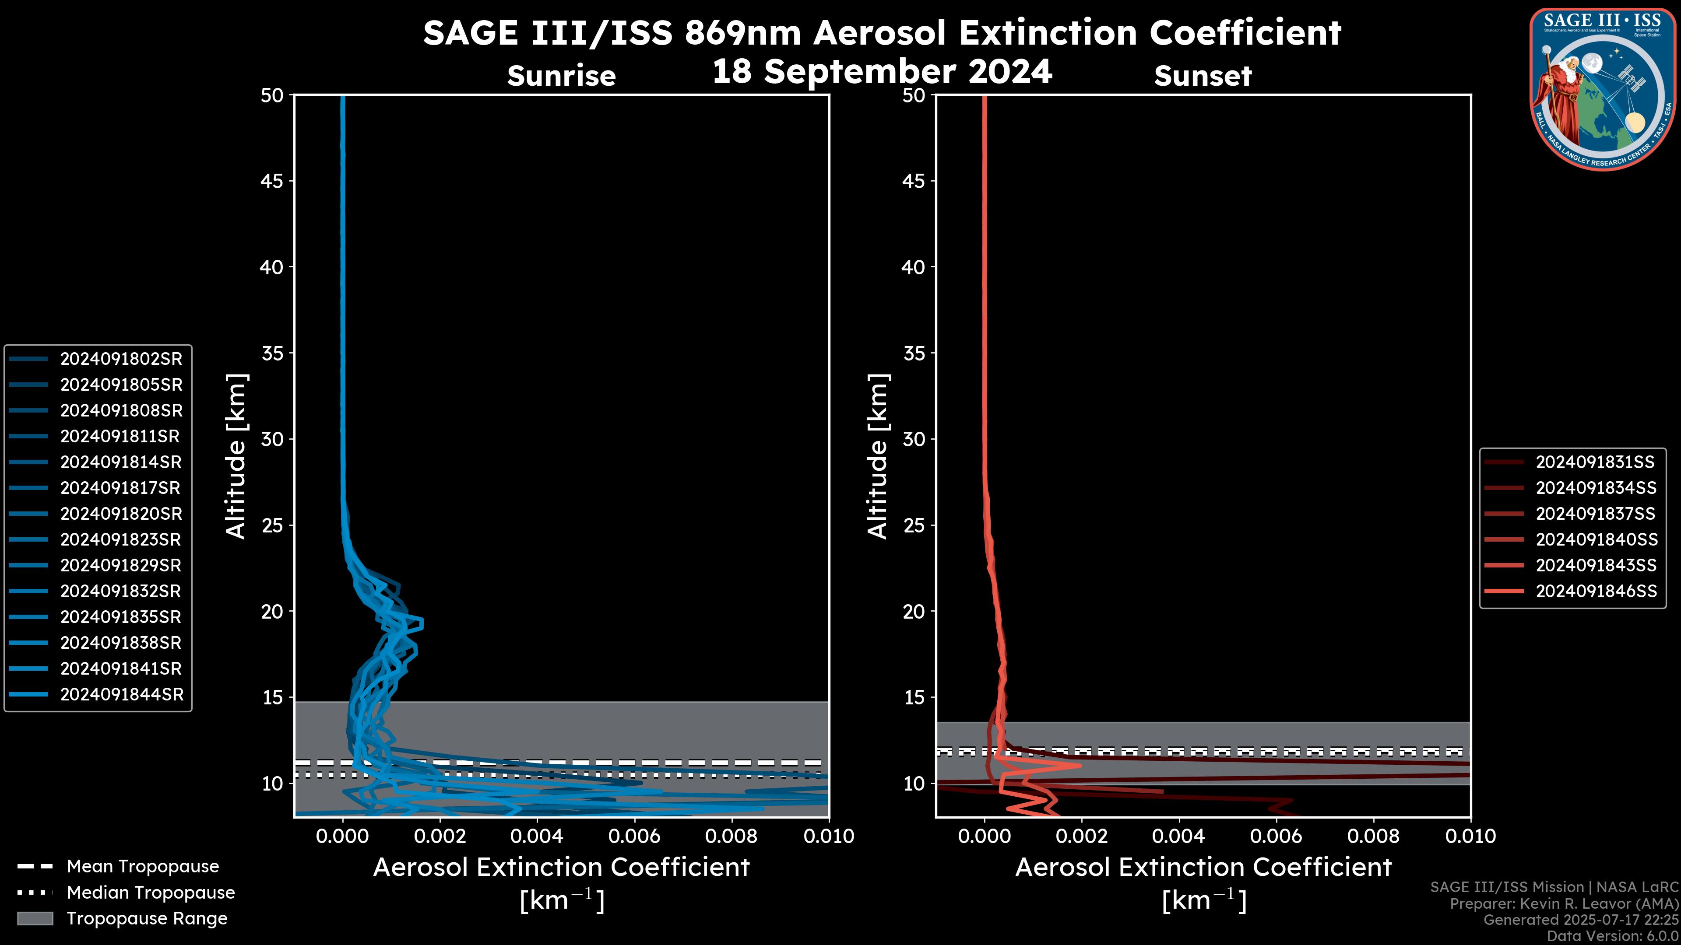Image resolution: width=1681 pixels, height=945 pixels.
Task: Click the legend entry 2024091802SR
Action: [121, 359]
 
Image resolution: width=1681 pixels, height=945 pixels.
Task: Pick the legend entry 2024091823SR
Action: [121, 539]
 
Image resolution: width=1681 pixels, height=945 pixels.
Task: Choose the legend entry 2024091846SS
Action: [1596, 591]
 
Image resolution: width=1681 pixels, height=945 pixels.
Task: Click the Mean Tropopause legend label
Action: [142, 866]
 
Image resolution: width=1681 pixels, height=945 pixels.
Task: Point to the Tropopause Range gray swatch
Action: [35, 918]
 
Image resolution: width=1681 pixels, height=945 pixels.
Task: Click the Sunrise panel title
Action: [561, 76]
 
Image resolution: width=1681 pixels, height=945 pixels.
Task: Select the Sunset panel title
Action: [1203, 76]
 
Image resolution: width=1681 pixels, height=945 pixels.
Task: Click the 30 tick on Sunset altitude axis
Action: [914, 439]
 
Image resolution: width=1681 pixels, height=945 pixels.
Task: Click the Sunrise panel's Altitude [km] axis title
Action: [235, 456]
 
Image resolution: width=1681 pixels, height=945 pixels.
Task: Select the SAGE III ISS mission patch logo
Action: [1603, 89]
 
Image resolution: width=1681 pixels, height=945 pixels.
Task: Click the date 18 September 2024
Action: [882, 71]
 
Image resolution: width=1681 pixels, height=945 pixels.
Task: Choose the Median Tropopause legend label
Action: [150, 892]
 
